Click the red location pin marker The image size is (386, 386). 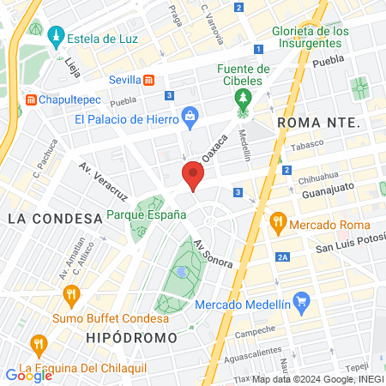pos(192,177)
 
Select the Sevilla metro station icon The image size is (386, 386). pos(150,80)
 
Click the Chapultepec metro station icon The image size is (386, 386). pos(32,100)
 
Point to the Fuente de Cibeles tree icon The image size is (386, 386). pos(244,97)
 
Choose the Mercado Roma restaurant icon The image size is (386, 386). pos(277,223)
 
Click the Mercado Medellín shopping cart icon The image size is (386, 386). pos(300,302)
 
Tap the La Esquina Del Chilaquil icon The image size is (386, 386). pos(38,346)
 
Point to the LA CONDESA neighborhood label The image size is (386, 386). pos(55,219)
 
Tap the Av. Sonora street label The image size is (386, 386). pos(213,251)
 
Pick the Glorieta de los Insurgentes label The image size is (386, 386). pos(311,38)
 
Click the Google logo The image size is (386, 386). pos(28,375)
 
